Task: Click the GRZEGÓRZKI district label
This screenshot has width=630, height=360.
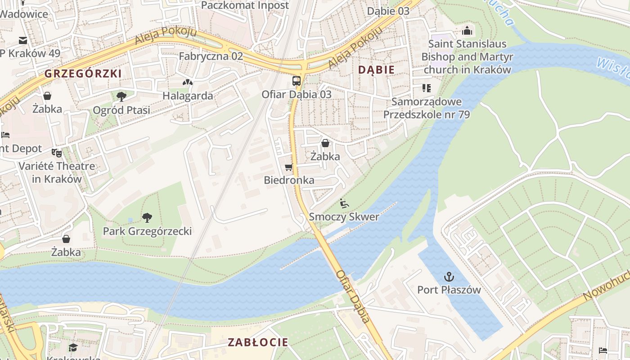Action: (x=83, y=73)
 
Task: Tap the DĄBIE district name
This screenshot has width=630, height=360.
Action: (x=376, y=70)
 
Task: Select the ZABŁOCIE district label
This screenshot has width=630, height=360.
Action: (x=258, y=342)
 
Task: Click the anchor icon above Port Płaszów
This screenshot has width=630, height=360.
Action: (x=449, y=276)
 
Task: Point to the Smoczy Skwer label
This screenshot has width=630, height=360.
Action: (x=344, y=217)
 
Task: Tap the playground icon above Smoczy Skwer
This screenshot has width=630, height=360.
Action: (x=344, y=203)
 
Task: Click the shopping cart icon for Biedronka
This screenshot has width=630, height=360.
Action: (x=288, y=167)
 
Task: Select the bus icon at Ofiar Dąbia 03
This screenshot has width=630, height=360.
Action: (x=296, y=81)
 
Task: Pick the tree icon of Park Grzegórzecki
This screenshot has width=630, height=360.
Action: (x=147, y=218)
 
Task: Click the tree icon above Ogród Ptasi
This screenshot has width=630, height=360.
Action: (x=121, y=96)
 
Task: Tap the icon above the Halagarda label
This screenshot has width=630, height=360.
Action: (x=187, y=82)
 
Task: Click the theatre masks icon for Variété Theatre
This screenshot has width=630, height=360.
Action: (x=56, y=153)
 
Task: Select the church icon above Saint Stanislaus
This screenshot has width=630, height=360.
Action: (x=467, y=31)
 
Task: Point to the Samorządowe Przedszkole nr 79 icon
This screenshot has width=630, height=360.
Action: (x=426, y=88)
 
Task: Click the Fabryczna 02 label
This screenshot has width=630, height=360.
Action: (x=211, y=56)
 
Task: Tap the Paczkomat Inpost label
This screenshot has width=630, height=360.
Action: (x=245, y=5)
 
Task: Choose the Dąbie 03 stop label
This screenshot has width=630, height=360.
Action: (x=388, y=11)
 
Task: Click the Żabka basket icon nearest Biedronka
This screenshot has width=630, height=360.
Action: (x=325, y=143)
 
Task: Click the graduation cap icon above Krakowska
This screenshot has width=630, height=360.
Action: (x=73, y=347)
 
